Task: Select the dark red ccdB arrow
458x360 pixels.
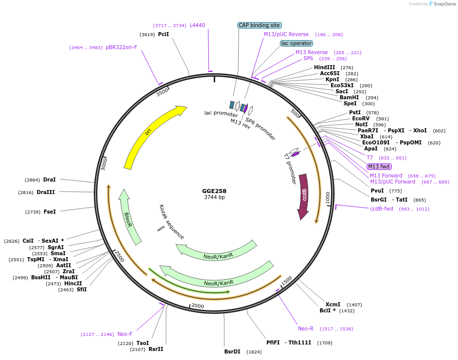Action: click(303, 196)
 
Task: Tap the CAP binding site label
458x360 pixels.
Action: click(259, 25)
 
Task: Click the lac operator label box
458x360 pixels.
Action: click(296, 43)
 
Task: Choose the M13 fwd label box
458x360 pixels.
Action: click(379, 166)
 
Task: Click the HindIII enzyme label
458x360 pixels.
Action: click(325, 67)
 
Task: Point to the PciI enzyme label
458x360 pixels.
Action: click(164, 35)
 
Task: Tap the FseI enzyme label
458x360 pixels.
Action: click(50, 212)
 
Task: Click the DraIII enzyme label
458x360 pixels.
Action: click(46, 192)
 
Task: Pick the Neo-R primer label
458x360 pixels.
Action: click(306, 329)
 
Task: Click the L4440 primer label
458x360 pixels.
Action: click(197, 25)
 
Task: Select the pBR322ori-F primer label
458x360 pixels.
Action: click(121, 47)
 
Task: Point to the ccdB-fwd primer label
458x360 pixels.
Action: click(382, 209)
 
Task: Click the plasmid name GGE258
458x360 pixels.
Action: click(214, 191)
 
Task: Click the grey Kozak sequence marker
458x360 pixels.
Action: click(161, 229)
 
